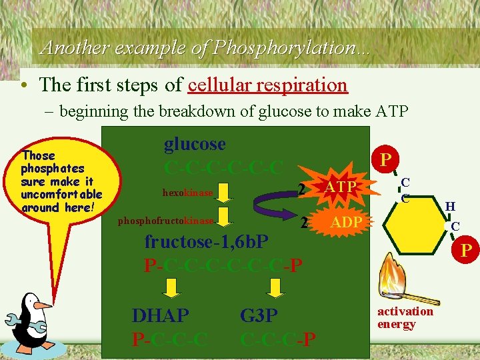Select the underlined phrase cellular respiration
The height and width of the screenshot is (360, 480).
pyautogui.click(x=268, y=85)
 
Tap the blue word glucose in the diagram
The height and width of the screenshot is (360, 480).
pyautogui.click(x=195, y=144)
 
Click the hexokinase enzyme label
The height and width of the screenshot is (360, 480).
pyautogui.click(x=187, y=193)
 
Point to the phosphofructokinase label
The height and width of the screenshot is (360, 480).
pyautogui.click(x=166, y=221)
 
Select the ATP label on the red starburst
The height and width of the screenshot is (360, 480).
pyautogui.click(x=339, y=188)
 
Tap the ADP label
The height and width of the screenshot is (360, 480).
pyautogui.click(x=346, y=222)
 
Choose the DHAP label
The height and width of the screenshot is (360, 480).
pyautogui.click(x=160, y=315)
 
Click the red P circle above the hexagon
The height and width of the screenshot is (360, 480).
pyautogui.click(x=385, y=159)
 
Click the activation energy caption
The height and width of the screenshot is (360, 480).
pyautogui.click(x=405, y=318)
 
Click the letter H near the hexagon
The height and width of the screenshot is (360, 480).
pyautogui.click(x=450, y=207)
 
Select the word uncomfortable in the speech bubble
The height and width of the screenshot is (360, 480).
pyautogui.click(x=61, y=194)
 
